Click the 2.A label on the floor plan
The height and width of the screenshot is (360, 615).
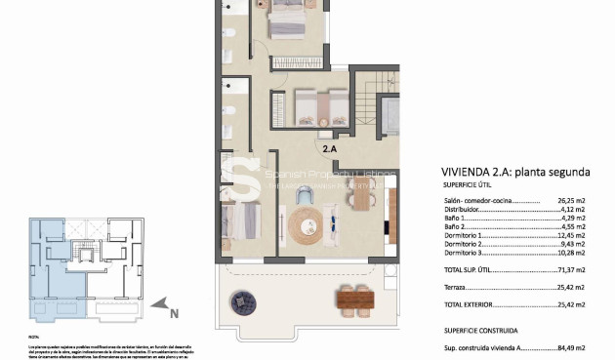[x=330, y=148]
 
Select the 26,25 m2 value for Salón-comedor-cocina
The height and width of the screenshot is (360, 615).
[x=567, y=200]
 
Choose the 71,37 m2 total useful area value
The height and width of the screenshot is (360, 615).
[x=567, y=268]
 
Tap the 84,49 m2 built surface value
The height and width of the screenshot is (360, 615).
[x=567, y=346]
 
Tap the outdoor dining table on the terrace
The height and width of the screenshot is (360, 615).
[x=353, y=298]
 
